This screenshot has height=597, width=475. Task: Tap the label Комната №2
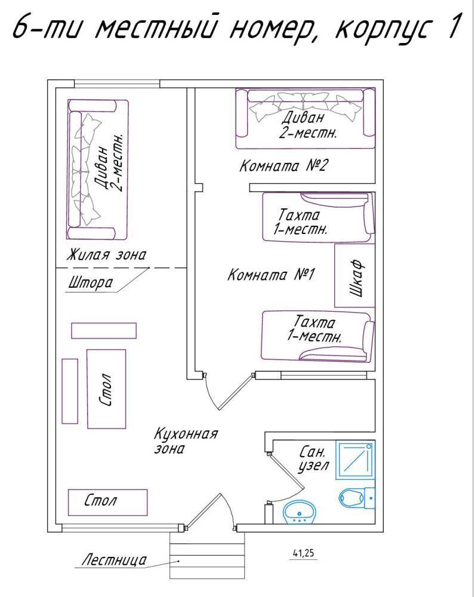pyautogui.click(x=283, y=165)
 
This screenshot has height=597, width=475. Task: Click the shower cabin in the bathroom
pyautogui.click(x=355, y=460)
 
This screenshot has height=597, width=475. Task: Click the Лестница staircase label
pyautogui.click(x=113, y=561)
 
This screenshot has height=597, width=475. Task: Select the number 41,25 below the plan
pyautogui.click(x=303, y=553)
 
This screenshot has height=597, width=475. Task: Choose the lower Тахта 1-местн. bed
pyautogui.click(x=318, y=337)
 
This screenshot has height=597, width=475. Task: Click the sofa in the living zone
pyautogui.click(x=98, y=170)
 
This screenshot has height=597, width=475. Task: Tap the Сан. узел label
pyautogui.click(x=311, y=460)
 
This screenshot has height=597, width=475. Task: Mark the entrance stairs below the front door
pyautogui.click(x=207, y=555)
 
